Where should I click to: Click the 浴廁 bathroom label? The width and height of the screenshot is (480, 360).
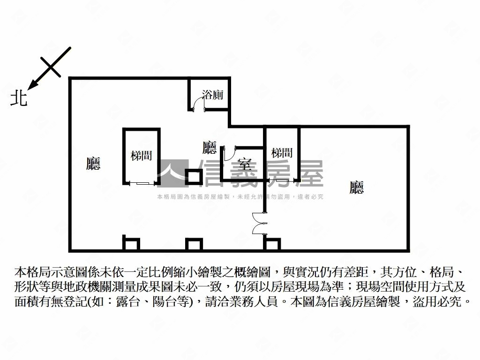(x=212, y=95)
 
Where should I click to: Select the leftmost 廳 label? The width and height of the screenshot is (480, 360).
(x=94, y=163)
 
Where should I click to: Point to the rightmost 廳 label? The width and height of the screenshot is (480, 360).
(x=357, y=188)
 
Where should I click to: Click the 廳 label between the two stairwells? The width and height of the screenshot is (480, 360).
(x=210, y=148)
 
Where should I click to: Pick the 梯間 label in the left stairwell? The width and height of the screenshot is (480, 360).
(x=141, y=156)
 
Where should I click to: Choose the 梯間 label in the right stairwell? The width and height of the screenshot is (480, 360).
(x=282, y=153)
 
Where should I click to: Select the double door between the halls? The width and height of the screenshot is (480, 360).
(x=258, y=223)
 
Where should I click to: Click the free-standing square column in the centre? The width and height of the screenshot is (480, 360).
(x=193, y=177)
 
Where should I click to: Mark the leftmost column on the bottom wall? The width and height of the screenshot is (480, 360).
(x=131, y=244)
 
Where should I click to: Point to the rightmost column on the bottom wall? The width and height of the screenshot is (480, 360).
(x=272, y=244)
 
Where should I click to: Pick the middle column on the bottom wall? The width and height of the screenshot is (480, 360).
(x=194, y=244)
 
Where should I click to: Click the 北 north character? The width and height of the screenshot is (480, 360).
(x=19, y=98)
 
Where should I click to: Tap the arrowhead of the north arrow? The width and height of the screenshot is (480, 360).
(x=32, y=85)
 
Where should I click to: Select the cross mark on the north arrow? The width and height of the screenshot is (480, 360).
(x=51, y=67)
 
